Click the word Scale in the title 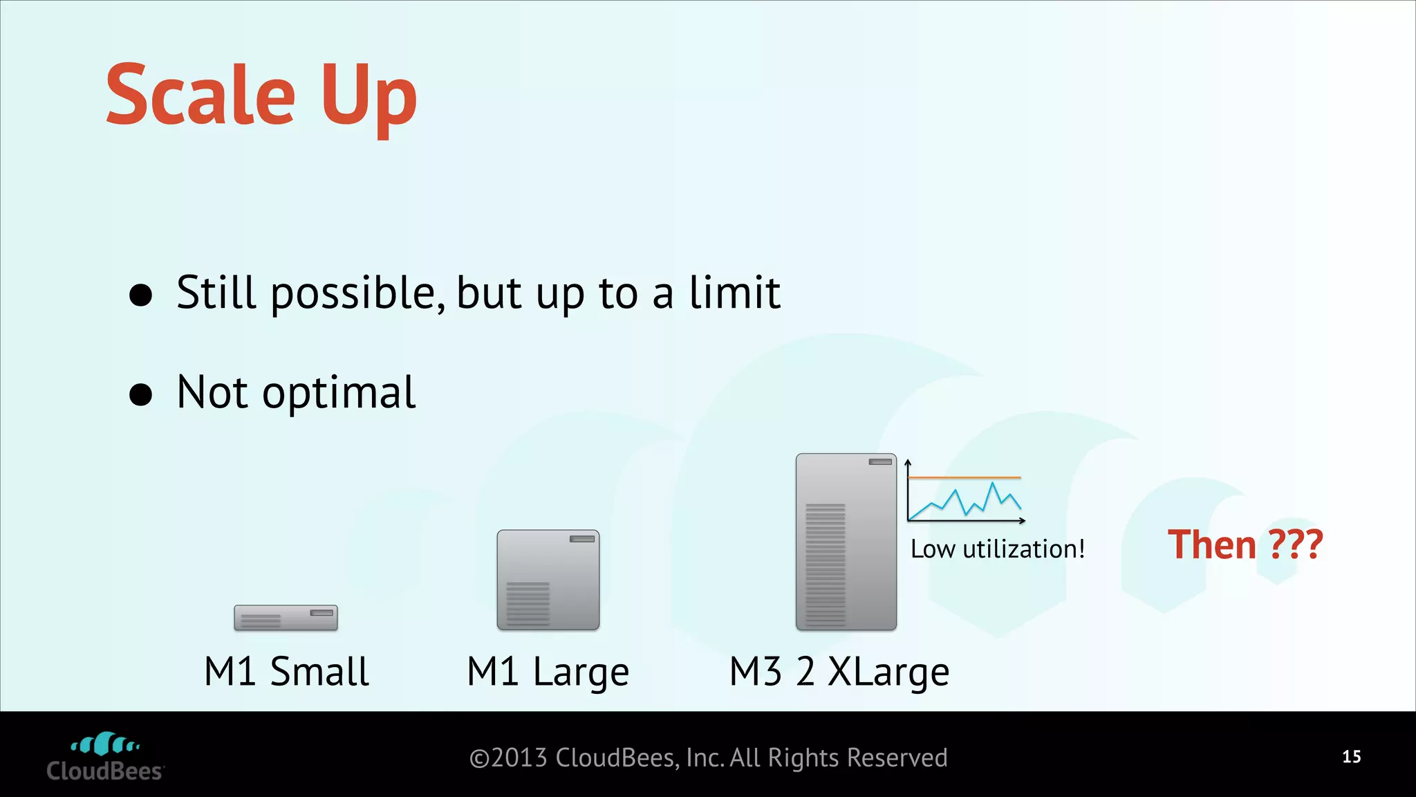[x=201, y=95]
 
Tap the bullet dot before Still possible [x=141, y=295]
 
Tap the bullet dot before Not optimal [x=141, y=394]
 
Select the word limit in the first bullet [x=734, y=292]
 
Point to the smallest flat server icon [x=286, y=617]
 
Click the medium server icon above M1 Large [x=548, y=580]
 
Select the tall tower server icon [x=846, y=542]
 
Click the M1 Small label [x=286, y=671]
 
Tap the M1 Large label [x=548, y=671]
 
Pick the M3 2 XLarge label [x=839, y=671]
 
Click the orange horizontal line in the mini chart [x=964, y=477]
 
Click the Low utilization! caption [x=997, y=549]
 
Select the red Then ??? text [x=1245, y=544]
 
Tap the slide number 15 [x=1351, y=757]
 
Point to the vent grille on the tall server [x=825, y=564]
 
